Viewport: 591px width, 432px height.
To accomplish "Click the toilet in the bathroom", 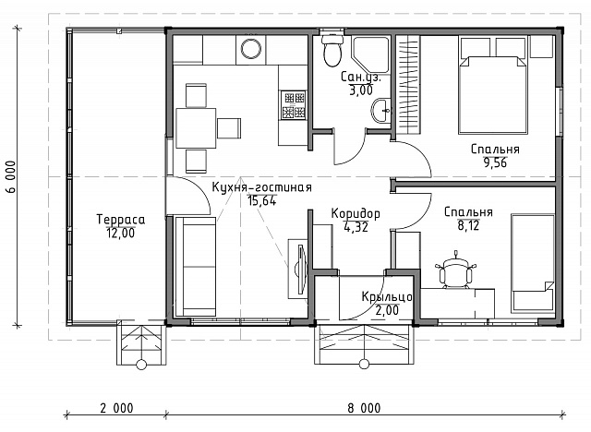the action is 332,51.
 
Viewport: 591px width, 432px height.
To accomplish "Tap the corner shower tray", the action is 369,54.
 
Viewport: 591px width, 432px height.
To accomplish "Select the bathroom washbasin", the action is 381,111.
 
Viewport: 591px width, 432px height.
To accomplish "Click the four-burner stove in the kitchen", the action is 294,105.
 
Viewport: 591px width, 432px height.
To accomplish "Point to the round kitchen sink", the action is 250,49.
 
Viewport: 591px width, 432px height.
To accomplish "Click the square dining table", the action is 196,128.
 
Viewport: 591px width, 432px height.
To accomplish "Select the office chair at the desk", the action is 455,270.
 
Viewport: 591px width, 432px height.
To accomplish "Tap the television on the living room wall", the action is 300,269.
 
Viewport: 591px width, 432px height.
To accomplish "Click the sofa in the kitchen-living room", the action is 195,267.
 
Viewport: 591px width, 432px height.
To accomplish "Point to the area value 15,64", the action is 262,200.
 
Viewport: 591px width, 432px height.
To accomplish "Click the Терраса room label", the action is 121,219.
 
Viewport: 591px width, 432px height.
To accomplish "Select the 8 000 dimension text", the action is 364,408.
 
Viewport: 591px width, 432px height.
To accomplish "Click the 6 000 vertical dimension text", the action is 12,177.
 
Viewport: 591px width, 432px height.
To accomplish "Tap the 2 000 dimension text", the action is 117,408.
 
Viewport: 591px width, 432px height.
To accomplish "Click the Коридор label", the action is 356,213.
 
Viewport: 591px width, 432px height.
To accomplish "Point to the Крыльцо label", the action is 387,297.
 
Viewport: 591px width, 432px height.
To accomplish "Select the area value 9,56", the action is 495,162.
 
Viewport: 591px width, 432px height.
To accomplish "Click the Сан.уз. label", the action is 361,78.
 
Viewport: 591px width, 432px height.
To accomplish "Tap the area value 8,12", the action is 468,225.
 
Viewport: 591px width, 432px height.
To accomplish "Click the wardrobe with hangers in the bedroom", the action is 408,84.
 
